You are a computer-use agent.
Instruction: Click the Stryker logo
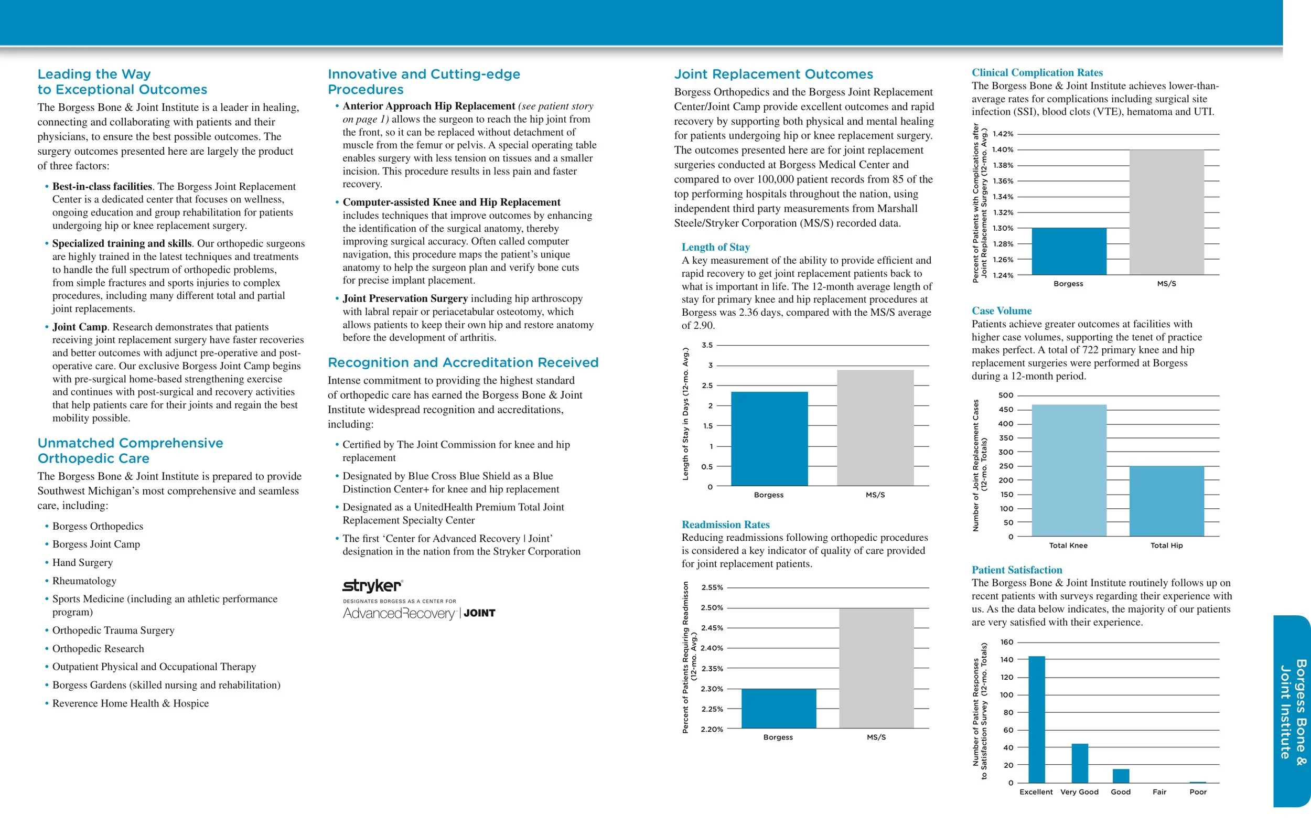click(372, 586)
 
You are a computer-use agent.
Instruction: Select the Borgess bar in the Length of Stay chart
click(769, 438)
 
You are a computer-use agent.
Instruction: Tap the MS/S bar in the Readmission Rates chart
click(876, 668)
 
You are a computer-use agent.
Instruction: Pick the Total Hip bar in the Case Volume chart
click(1166, 501)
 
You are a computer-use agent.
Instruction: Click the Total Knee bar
click(1069, 470)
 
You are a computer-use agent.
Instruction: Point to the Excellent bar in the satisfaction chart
click(1036, 719)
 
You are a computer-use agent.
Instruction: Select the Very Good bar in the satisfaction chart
click(1080, 763)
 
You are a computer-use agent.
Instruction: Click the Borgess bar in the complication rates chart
click(1069, 251)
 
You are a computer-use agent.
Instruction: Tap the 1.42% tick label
click(1003, 134)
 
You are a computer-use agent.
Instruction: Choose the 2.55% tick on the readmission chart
click(712, 587)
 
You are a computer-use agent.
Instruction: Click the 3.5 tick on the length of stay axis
click(707, 345)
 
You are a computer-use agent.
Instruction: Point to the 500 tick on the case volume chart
click(1006, 395)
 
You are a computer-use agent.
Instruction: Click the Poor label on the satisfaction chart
click(1198, 792)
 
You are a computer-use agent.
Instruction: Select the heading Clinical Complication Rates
click(1037, 72)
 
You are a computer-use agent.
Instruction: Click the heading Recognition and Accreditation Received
click(463, 363)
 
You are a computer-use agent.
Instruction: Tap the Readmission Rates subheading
click(725, 525)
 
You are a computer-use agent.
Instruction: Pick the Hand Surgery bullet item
click(82, 563)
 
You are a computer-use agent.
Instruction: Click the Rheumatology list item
click(84, 581)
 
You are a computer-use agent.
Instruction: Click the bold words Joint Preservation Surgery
click(405, 298)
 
